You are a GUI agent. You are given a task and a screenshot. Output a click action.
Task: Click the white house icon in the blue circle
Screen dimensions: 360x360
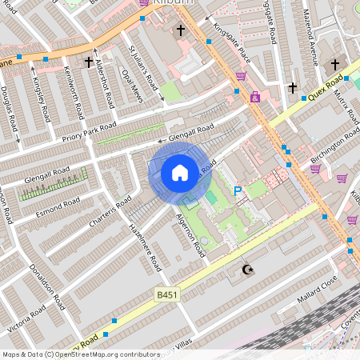pos(180,172)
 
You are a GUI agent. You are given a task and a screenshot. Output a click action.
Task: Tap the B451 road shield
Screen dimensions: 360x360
pos(166,295)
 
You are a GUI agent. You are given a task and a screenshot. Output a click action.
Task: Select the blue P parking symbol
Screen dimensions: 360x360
pos(237,191)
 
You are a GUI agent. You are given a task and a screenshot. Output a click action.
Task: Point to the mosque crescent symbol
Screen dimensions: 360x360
pos(246,270)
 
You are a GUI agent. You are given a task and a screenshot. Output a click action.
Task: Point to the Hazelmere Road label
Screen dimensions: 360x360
pos(145,246)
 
